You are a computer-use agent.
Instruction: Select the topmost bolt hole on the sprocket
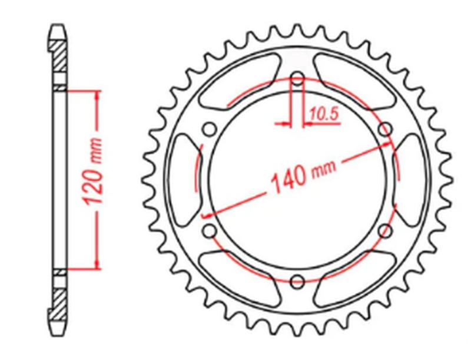click(x=297, y=78)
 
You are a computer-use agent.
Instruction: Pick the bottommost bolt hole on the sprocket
click(x=297, y=280)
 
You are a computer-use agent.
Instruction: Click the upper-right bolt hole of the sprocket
click(x=386, y=130)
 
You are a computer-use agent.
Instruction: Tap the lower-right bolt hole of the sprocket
click(x=386, y=230)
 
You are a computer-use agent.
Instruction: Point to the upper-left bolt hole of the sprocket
click(x=209, y=130)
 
